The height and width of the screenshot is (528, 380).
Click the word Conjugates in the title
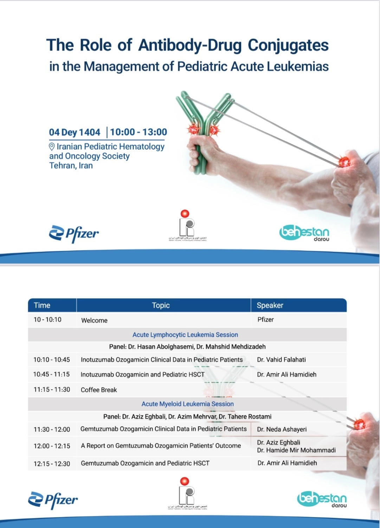[x=288, y=45]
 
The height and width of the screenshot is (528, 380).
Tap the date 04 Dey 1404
[x=75, y=132]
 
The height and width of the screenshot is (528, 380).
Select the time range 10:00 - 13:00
[x=139, y=132]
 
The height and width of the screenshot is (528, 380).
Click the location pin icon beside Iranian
[x=52, y=146]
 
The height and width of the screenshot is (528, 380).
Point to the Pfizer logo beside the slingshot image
[x=74, y=233]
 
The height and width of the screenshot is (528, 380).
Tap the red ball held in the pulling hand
[x=344, y=162]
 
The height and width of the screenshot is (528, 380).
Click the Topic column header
[x=161, y=306]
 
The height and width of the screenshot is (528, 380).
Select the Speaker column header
[x=270, y=306]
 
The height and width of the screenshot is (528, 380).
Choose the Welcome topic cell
[x=94, y=320]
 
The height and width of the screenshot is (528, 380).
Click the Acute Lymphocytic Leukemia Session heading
[x=185, y=335]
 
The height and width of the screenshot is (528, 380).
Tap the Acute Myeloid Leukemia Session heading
[x=187, y=404]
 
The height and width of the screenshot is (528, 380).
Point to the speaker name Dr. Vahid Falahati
[x=281, y=360]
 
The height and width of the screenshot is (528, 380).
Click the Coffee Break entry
[x=99, y=390]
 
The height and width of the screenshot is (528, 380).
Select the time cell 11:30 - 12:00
[x=52, y=429]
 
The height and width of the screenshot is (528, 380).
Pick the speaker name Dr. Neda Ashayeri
[x=282, y=429]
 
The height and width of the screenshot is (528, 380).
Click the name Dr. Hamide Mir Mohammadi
[x=296, y=450]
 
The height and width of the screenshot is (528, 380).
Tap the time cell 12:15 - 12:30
[x=52, y=464]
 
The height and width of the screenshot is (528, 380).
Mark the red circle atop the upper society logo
[x=185, y=214]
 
